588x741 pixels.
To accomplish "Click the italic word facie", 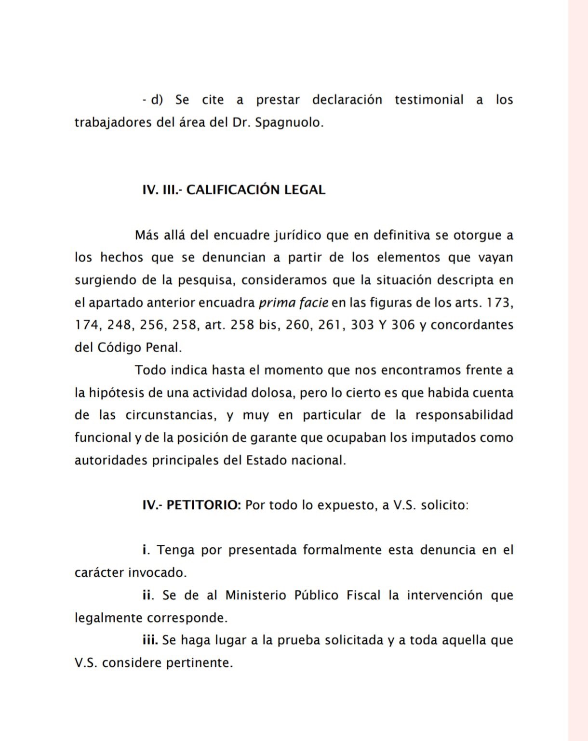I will tap(314, 303).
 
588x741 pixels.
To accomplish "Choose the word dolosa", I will tap(272, 393).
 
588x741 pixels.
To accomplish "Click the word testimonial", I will tap(429, 100).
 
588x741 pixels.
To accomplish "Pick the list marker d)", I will tap(157, 100).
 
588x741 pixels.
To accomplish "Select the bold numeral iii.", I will tap(150, 640).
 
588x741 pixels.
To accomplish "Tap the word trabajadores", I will tap(113, 122).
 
